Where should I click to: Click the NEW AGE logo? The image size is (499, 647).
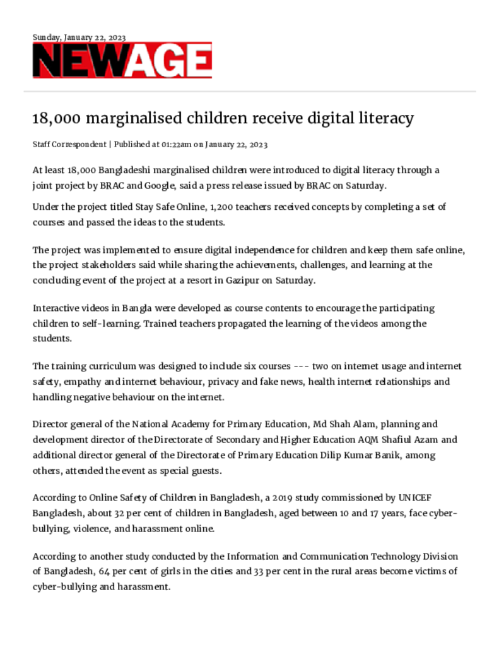(122, 61)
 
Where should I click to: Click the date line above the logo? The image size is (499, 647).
(79, 37)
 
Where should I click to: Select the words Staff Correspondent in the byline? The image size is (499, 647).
(69, 145)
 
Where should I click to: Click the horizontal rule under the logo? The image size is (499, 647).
(249, 92)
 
